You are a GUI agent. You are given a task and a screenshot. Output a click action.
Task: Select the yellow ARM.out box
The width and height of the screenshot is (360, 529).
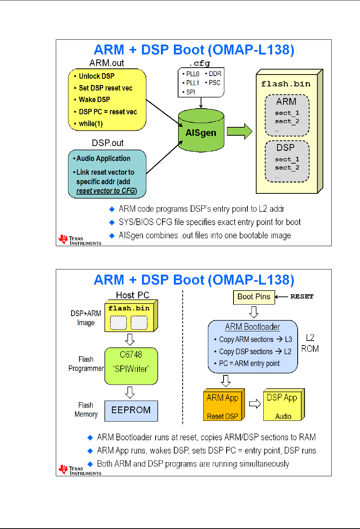(x=107, y=100)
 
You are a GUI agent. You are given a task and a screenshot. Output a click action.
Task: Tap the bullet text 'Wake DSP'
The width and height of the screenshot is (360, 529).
(x=94, y=100)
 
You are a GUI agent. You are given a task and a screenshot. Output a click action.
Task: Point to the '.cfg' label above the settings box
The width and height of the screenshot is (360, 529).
(x=199, y=63)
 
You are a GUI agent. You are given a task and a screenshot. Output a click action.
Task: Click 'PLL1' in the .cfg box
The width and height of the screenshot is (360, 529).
(x=193, y=83)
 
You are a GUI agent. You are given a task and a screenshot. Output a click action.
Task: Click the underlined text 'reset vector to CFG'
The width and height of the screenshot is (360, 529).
(x=106, y=191)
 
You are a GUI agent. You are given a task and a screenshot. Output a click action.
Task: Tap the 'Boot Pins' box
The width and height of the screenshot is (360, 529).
(x=254, y=297)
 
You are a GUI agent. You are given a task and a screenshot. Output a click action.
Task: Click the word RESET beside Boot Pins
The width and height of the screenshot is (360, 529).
(x=302, y=297)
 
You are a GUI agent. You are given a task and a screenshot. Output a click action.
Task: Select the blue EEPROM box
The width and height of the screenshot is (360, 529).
(x=131, y=411)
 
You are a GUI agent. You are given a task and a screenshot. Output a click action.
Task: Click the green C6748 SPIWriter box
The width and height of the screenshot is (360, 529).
(x=131, y=366)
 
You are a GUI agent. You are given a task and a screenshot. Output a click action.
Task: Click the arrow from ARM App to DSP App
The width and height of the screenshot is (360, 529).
(x=255, y=404)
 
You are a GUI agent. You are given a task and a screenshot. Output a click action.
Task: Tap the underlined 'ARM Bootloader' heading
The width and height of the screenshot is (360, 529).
(x=252, y=327)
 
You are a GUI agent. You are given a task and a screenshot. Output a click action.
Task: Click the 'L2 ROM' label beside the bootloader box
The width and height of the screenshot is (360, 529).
(x=310, y=343)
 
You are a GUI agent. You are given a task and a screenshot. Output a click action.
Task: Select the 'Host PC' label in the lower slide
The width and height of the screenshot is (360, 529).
(x=133, y=295)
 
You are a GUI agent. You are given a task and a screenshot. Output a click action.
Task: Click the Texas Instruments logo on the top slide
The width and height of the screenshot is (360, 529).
(x=79, y=240)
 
